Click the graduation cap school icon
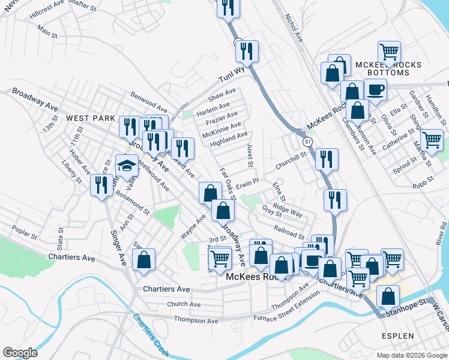coord(127,166)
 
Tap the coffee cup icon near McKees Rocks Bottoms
coord(376,90)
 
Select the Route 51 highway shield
coord(307,142)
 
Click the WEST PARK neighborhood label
coord(91,119)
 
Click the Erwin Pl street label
coord(247,181)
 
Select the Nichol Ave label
coord(294,28)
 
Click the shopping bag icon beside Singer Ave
coord(143,260)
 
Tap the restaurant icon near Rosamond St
coord(99,184)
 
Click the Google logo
coord(20,353)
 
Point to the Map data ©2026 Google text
coord(411,355)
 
